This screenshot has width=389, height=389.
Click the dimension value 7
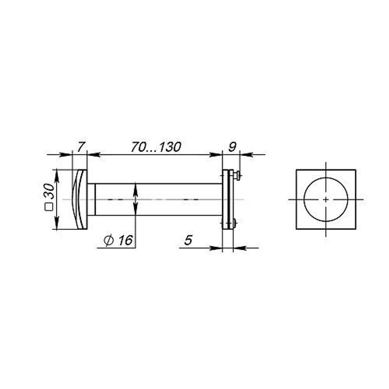tap(80, 147)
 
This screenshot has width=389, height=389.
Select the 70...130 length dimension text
tap(156, 147)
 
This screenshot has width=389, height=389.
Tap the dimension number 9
tap(232, 147)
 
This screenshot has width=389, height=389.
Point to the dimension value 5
tap(188, 241)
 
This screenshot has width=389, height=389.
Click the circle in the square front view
tap(326, 183)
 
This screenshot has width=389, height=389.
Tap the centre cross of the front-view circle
tap(326, 200)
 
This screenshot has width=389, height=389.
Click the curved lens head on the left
tap(80, 199)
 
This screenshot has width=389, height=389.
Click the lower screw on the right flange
tap(233, 223)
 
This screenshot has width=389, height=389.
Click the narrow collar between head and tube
tap(91, 199)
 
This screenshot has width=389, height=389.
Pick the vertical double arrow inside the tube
tap(135, 199)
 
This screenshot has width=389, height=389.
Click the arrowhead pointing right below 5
tap(216, 248)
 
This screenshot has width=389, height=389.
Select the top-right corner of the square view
tap(355, 170)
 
